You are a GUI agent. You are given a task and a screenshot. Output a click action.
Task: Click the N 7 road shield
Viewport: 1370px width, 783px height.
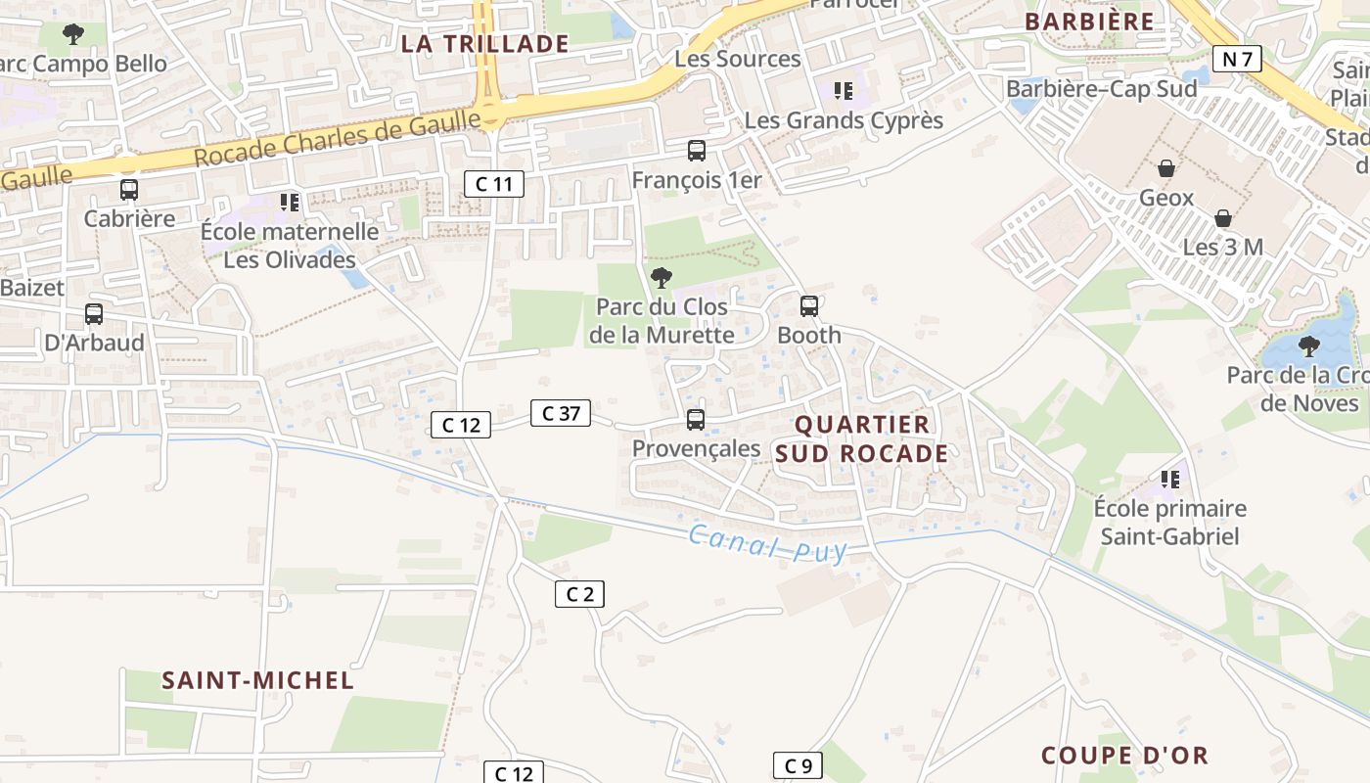click(x=1237, y=59)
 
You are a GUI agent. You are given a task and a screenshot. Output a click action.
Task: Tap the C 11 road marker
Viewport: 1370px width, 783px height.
click(x=494, y=183)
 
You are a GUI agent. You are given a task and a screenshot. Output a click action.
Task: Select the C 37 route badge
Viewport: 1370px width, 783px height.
click(x=561, y=413)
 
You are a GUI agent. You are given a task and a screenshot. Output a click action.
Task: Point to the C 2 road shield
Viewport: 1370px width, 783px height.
click(x=579, y=593)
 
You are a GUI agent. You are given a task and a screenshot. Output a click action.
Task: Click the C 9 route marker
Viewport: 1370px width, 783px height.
click(x=798, y=765)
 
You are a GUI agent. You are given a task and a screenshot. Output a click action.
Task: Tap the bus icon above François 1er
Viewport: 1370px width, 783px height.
click(x=697, y=151)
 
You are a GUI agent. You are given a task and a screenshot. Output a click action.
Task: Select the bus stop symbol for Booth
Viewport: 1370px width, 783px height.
click(x=809, y=306)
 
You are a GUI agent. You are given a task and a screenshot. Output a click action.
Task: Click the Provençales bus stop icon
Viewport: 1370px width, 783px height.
click(x=696, y=420)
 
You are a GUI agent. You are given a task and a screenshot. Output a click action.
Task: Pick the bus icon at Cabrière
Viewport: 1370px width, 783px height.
click(x=129, y=190)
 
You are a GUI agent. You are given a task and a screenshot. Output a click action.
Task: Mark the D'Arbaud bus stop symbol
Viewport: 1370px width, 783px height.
click(x=94, y=314)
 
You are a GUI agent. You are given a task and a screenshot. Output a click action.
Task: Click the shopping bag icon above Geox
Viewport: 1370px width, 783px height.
click(x=1166, y=168)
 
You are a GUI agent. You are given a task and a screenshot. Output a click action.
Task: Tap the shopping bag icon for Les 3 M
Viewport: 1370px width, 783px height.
click(x=1222, y=217)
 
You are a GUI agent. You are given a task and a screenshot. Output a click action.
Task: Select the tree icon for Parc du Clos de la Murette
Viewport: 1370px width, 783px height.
click(x=662, y=278)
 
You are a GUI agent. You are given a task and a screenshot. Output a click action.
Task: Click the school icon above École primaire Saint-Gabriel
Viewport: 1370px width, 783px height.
click(x=1169, y=480)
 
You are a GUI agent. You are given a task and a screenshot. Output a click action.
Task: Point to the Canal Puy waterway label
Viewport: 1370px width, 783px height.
click(x=766, y=543)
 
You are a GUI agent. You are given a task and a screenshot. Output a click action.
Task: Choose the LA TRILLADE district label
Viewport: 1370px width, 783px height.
click(x=485, y=44)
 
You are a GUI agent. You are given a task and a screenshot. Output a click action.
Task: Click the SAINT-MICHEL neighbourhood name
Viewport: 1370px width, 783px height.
click(x=257, y=680)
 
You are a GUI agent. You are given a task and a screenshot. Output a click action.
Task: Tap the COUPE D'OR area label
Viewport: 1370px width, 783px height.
click(x=1124, y=756)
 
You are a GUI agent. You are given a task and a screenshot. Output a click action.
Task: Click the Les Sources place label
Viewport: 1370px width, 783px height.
click(x=738, y=59)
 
